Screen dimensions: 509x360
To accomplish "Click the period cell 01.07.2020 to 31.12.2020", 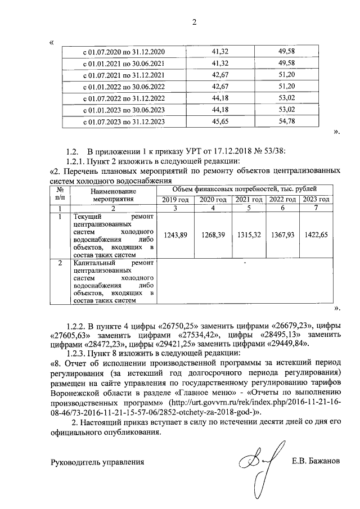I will click(124, 52).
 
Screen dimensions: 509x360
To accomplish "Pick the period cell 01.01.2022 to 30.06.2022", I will click(124, 87).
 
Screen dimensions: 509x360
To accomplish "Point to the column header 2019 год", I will click(175, 200).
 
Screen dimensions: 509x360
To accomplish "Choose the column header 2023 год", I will click(316, 200).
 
